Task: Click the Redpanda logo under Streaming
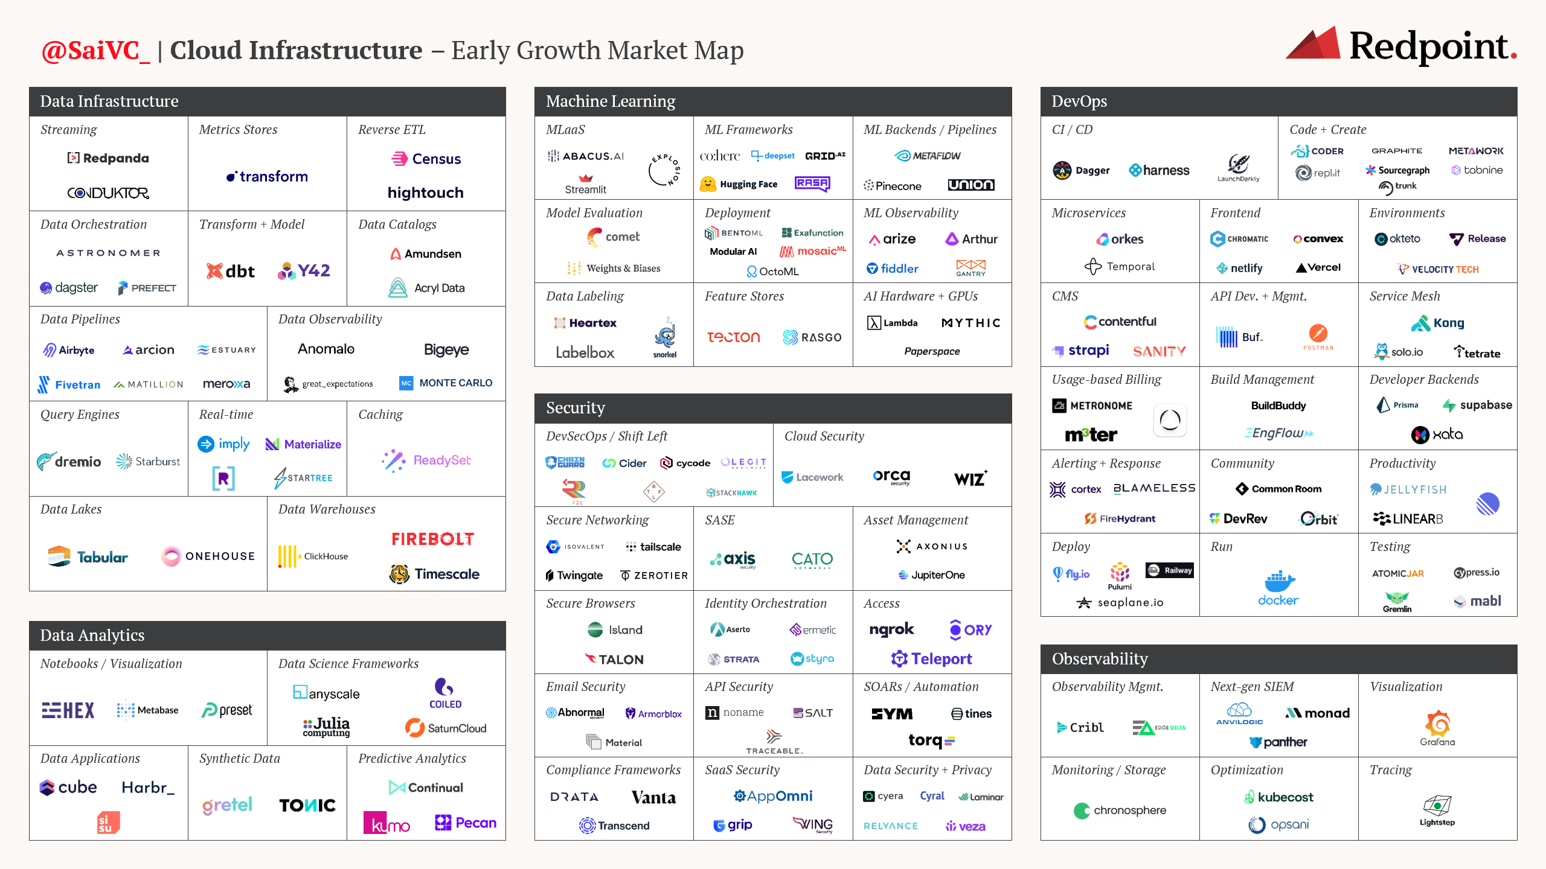pos(108,158)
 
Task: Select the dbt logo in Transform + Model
pos(231,271)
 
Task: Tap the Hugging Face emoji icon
pos(708,184)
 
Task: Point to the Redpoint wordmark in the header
pos(1431,46)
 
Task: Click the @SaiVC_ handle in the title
pos(95,51)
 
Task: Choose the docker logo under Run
pos(1278,588)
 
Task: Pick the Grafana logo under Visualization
pos(1437,728)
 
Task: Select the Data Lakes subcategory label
pos(71,509)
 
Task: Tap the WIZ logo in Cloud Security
pos(970,479)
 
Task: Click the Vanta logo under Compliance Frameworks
pos(653,797)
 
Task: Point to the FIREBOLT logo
pos(432,539)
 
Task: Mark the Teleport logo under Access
pos(932,659)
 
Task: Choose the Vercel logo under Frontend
pos(1318,267)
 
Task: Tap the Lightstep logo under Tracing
pos(1437,810)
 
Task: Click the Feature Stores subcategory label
pos(744,296)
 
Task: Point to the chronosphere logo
pos(1120,810)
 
